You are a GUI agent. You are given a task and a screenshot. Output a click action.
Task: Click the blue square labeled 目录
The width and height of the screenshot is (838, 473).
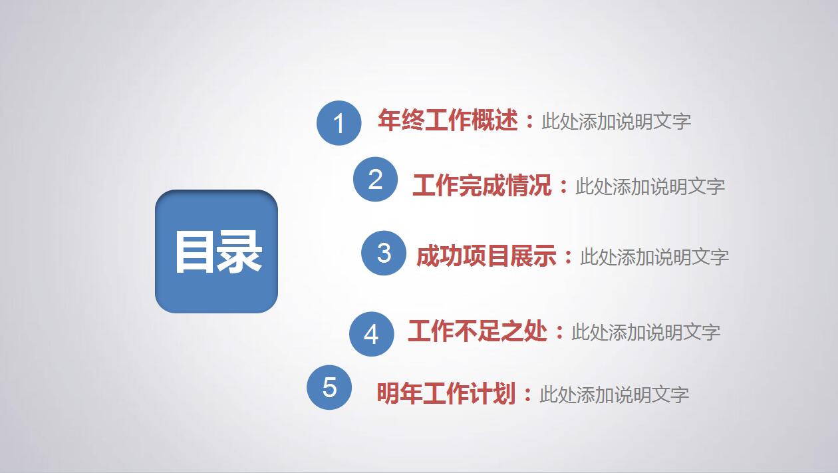pos(216,251)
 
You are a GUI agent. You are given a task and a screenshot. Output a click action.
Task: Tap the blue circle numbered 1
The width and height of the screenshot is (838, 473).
pos(339,123)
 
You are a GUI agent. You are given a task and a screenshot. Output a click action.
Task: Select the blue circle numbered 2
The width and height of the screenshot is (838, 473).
pos(376,180)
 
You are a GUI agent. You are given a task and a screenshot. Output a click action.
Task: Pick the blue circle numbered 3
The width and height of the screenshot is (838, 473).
pos(384,253)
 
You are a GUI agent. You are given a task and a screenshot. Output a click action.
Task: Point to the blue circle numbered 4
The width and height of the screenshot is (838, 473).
pos(372,334)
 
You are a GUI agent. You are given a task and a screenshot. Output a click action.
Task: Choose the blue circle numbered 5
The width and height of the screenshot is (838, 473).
pos(329,387)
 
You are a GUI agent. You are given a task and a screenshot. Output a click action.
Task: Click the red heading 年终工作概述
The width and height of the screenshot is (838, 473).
pos(448,120)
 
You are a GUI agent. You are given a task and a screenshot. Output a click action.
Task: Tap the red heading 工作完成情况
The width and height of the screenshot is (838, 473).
pos(482,186)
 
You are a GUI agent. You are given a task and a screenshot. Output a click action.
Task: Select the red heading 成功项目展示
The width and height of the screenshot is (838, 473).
pos(486,256)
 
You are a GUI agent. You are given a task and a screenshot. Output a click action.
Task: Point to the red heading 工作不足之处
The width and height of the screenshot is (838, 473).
pos(478,331)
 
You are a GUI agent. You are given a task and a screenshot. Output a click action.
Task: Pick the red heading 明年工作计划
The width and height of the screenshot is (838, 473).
pos(446,394)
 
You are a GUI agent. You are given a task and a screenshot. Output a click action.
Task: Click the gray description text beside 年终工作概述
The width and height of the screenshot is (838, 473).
pos(616,122)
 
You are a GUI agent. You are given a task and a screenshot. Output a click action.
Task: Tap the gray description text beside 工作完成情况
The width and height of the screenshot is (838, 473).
pos(650,186)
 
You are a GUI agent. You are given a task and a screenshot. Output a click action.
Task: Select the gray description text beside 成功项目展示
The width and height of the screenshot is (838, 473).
pos(654,257)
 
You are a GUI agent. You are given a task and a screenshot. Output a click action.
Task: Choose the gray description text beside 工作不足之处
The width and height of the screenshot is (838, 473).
pos(646,332)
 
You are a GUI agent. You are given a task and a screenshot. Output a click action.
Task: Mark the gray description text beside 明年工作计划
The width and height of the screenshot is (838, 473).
pos(614,394)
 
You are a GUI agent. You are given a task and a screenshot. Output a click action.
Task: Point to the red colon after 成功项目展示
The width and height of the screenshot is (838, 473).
pos(568,257)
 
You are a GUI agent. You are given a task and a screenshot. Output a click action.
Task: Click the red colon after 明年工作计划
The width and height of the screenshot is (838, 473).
pos(527,395)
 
